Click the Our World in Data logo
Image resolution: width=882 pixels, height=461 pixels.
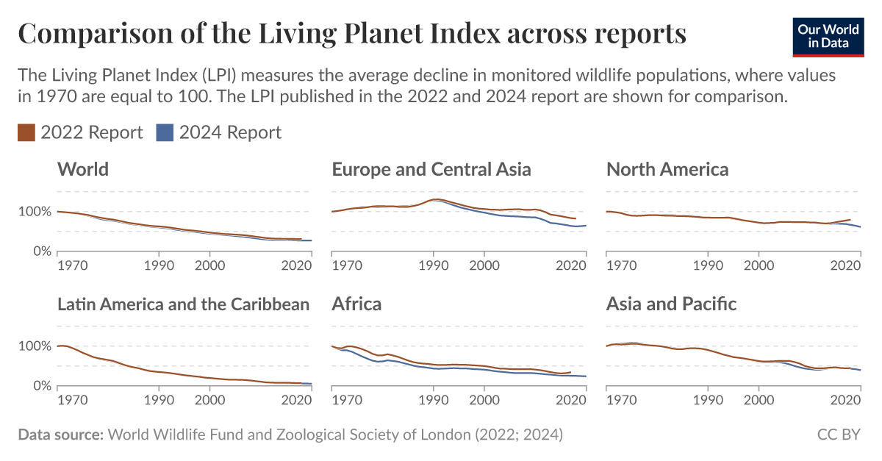click(828, 35)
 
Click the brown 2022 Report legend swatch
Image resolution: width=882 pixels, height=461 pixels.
click(26, 132)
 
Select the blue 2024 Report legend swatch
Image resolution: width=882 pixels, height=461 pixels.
click(165, 132)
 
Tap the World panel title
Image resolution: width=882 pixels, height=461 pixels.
click(83, 169)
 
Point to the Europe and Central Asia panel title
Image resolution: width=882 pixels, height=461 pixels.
click(431, 169)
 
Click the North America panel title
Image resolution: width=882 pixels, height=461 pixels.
click(667, 169)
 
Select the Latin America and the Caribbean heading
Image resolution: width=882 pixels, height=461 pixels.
click(184, 304)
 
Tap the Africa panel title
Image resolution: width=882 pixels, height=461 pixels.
click(356, 304)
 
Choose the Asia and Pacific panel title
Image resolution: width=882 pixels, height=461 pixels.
click(671, 304)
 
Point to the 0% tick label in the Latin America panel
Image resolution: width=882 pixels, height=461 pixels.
click(43, 386)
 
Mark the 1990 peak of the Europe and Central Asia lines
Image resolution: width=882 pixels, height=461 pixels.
click(437, 199)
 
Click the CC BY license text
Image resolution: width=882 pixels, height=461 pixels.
click(838, 435)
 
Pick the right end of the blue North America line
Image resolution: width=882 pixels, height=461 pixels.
click(860, 226)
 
